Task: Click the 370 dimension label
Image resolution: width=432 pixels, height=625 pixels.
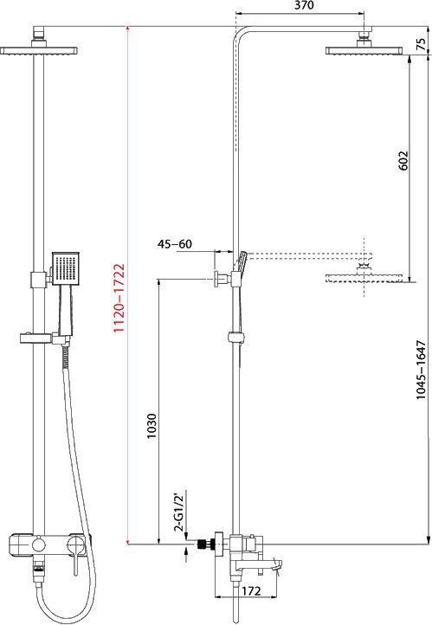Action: (x=304, y=5)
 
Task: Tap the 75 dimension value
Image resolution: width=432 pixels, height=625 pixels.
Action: (x=422, y=44)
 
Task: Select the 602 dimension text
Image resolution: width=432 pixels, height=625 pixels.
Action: (x=403, y=160)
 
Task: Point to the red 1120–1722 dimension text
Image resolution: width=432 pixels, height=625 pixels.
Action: (x=119, y=298)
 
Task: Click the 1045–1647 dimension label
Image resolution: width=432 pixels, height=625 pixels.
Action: (x=421, y=370)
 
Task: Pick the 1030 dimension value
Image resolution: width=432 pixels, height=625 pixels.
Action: (x=152, y=427)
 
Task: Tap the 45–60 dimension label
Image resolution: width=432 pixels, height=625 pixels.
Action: (x=175, y=243)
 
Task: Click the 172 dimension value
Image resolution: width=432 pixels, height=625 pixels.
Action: (x=251, y=590)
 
